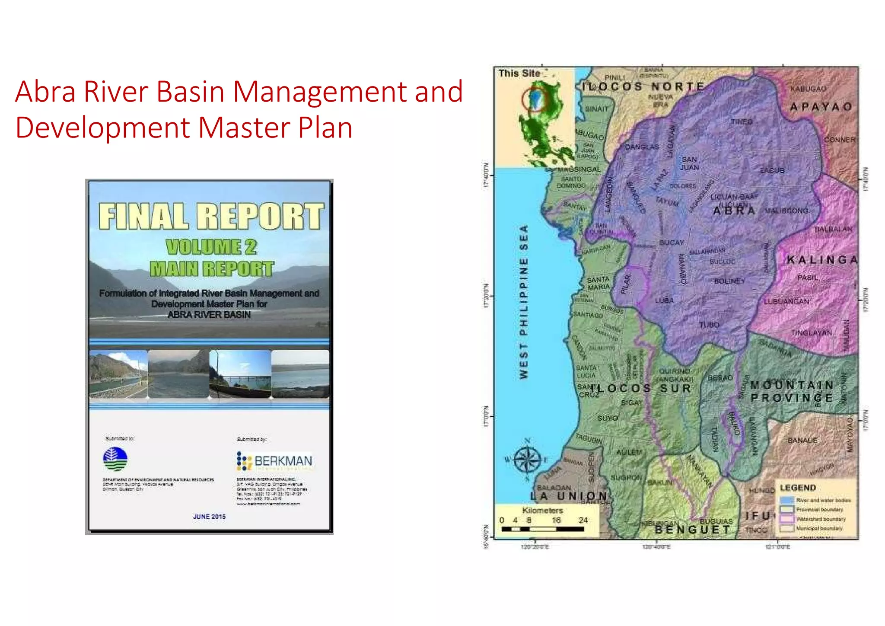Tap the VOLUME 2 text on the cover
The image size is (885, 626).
point(211,247)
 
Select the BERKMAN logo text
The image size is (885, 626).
point(283,461)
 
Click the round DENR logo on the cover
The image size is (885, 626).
point(115,459)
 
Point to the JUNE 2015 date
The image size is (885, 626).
point(209,517)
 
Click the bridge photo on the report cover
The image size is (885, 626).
point(240,374)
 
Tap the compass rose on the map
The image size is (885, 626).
point(527,460)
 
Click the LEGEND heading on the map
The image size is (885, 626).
point(798,488)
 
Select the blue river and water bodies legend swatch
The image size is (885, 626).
point(787,501)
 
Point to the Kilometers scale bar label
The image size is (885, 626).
point(542,511)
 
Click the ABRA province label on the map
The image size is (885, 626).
point(734,211)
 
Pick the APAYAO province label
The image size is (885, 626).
point(821,107)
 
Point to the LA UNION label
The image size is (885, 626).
point(569,497)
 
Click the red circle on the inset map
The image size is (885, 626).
point(535,99)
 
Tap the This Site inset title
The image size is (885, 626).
point(519,73)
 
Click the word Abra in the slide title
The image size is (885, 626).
point(45,92)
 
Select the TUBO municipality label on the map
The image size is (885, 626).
point(709,325)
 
